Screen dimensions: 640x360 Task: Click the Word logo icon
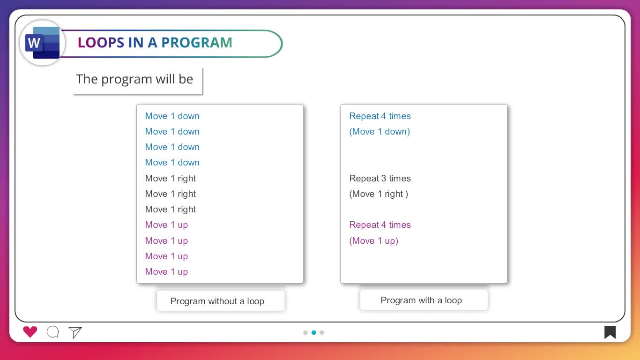(x=42, y=43)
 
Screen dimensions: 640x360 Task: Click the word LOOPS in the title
(x=101, y=43)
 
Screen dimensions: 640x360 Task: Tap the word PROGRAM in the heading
(x=197, y=43)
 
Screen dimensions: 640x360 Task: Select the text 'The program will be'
(x=134, y=79)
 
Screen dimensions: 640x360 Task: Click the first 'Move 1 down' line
(x=172, y=116)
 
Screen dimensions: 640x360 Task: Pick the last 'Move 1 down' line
(x=172, y=162)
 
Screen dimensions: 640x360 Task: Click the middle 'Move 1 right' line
(x=170, y=194)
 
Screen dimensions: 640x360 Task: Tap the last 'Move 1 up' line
(x=166, y=272)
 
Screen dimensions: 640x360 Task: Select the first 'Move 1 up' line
(x=166, y=225)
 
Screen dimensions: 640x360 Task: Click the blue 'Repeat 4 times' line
(x=380, y=116)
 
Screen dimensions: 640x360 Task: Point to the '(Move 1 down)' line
(x=380, y=132)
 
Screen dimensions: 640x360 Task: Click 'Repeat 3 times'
(x=380, y=179)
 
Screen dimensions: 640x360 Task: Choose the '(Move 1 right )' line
(x=379, y=194)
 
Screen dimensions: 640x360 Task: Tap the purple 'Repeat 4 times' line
(x=380, y=225)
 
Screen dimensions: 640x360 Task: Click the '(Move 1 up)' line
(x=373, y=241)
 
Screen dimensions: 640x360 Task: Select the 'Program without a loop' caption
(x=217, y=301)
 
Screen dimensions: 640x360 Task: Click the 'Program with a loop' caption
(x=421, y=300)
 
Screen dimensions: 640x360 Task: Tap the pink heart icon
(x=30, y=332)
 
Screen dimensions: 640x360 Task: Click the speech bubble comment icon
(x=53, y=332)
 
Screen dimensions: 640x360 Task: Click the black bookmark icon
(x=610, y=332)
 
